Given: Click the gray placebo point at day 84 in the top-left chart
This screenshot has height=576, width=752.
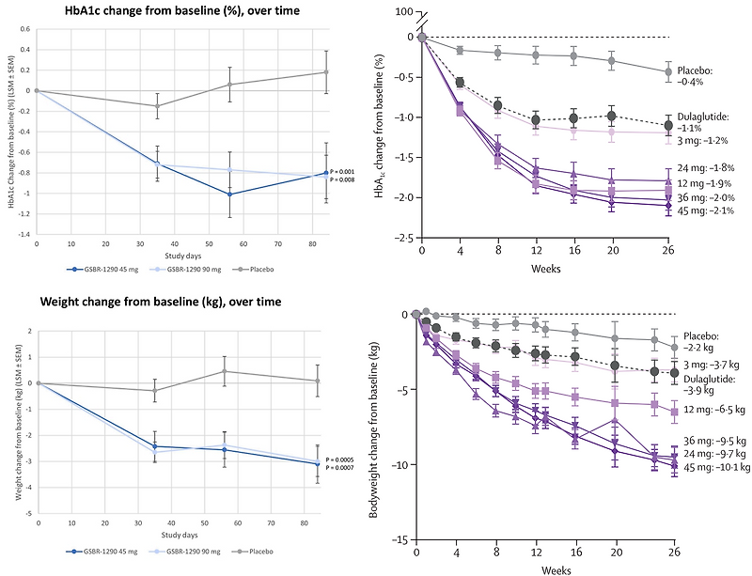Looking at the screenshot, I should click(325, 71).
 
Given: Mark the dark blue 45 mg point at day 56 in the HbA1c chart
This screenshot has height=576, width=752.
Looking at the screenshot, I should click(228, 195).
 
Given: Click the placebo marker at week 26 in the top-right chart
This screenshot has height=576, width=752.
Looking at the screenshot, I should click(667, 71).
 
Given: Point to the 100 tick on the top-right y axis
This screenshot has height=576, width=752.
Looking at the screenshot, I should click(402, 11).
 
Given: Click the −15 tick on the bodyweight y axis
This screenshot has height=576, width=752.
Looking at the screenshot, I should click(399, 540).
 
